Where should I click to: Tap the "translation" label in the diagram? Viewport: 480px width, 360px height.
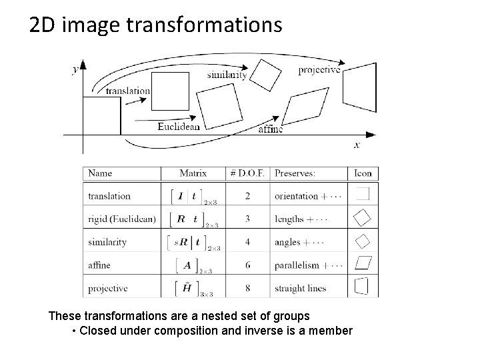pyautogui.click(x=128, y=91)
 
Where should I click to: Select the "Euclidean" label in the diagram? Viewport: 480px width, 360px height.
pyautogui.click(x=179, y=125)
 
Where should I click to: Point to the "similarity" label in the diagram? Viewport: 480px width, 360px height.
pyautogui.click(x=227, y=75)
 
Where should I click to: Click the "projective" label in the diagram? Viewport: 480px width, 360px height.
pyautogui.click(x=319, y=69)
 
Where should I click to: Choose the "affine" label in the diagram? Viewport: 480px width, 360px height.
pyautogui.click(x=271, y=129)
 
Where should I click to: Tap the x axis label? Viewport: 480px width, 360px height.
pyautogui.click(x=357, y=145)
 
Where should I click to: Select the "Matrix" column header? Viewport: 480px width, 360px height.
pyautogui.click(x=193, y=173)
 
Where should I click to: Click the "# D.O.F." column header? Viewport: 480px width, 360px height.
pyautogui.click(x=247, y=173)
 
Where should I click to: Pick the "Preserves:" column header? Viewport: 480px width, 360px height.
pyautogui.click(x=295, y=173)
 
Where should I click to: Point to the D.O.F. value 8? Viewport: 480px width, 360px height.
pyautogui.click(x=247, y=289)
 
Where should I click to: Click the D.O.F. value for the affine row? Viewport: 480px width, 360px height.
pyautogui.click(x=247, y=265)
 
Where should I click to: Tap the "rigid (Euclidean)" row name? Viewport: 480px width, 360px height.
pyautogui.click(x=122, y=219)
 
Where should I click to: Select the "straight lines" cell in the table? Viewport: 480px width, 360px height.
pyautogui.click(x=300, y=289)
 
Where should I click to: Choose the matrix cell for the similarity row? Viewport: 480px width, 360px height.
pyautogui.click(x=193, y=243)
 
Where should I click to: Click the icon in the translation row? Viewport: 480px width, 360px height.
pyautogui.click(x=363, y=195)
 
